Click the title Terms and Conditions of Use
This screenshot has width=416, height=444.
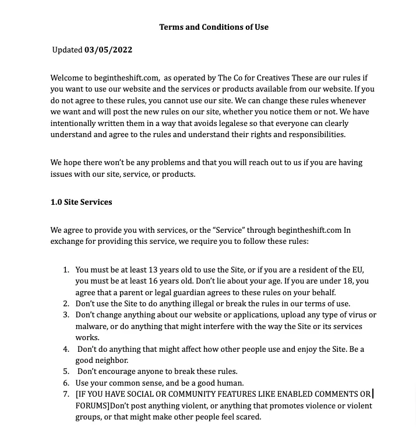(213, 27)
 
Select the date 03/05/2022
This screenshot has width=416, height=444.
(108, 50)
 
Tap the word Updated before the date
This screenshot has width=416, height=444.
(67, 50)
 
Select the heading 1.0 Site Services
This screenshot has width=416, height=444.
(81, 202)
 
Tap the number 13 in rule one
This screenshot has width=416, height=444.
(153, 270)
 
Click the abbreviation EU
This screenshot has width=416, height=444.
(357, 270)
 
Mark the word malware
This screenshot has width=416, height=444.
(91, 326)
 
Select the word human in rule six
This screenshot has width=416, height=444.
(230, 383)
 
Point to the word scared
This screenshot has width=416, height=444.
(246, 417)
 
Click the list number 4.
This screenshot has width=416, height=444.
(66, 349)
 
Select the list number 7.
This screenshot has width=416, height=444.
(66, 394)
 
